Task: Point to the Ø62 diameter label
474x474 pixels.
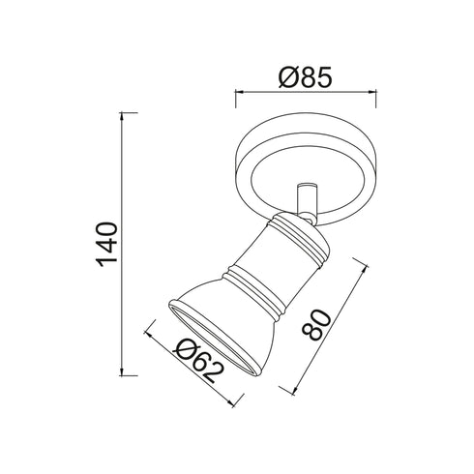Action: click(200, 360)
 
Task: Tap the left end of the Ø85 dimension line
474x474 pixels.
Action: click(236, 94)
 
